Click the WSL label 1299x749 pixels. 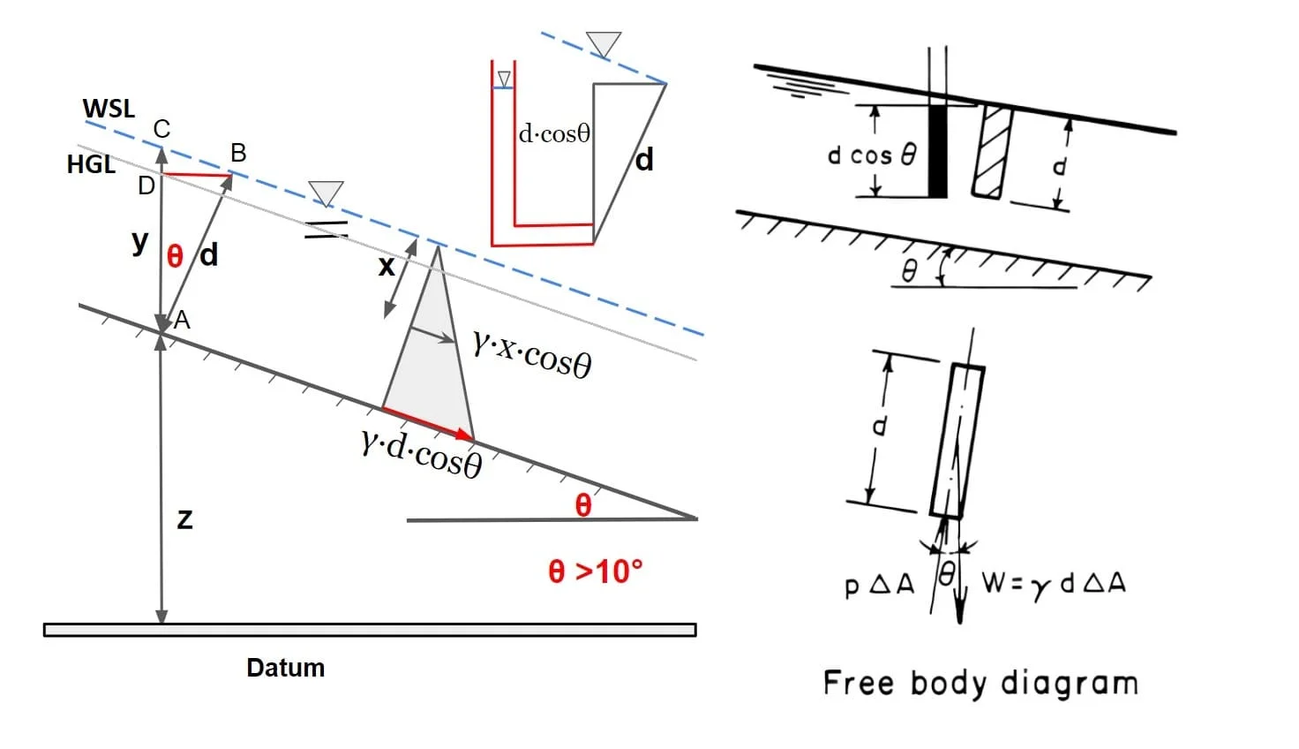(x=109, y=109)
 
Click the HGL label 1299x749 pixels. (x=91, y=164)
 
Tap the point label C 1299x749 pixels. (x=161, y=129)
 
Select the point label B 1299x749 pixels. (x=238, y=154)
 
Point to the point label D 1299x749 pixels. (x=146, y=185)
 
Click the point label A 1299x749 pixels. (x=182, y=320)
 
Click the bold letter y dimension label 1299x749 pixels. (x=139, y=241)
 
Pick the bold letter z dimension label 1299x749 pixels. (x=184, y=519)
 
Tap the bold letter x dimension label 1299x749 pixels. (x=387, y=267)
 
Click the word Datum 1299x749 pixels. (x=285, y=668)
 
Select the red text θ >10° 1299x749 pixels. (x=596, y=571)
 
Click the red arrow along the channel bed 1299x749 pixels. (x=428, y=423)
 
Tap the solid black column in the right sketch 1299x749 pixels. (x=938, y=151)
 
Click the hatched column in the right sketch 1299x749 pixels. (x=993, y=152)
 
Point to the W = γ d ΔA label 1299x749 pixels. (x=1054, y=584)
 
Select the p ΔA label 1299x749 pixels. (x=880, y=585)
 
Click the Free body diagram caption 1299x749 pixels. (x=980, y=684)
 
